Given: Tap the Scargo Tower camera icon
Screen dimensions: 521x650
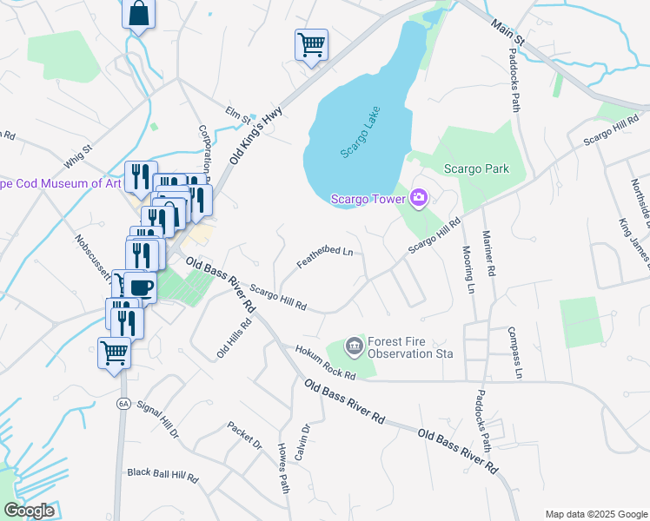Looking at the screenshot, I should tap(419, 199).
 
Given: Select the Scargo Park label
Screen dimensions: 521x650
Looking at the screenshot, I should tap(476, 168).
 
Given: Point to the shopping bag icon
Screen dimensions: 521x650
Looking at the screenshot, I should tap(138, 14).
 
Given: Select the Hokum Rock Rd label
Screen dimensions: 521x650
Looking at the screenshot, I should tap(324, 363).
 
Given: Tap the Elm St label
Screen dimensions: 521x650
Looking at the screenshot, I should tap(237, 114).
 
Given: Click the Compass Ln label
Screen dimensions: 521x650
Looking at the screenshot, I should tap(515, 352).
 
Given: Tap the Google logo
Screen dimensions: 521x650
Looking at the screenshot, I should tap(30, 511).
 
